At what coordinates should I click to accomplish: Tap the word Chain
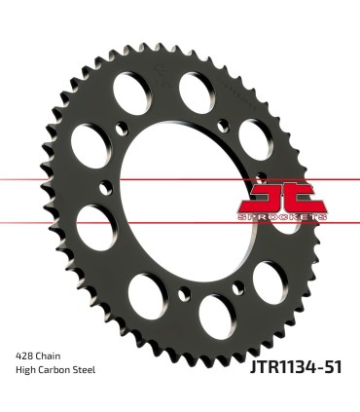pos(51,357)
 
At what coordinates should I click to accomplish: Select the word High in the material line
pos(26,371)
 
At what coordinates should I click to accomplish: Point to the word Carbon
pos(56,371)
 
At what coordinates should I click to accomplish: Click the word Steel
pos(87,371)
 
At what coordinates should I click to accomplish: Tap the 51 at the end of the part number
pos(332,366)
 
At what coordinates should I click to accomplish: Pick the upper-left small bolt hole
pos(121,126)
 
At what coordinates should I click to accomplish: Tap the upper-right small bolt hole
pos(225,123)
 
